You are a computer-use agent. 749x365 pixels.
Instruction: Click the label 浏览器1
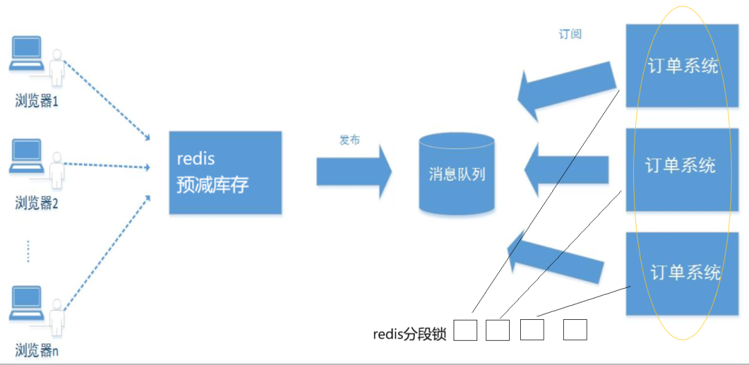click(x=37, y=101)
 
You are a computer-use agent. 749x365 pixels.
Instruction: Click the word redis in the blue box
click(x=196, y=159)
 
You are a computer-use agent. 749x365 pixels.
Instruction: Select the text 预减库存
click(x=212, y=185)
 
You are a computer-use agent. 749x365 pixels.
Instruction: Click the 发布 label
click(x=349, y=140)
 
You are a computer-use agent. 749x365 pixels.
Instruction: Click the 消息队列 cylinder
click(x=457, y=173)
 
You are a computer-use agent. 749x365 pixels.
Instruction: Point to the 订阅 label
click(x=570, y=34)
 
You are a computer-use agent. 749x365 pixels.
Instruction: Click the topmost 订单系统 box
click(x=682, y=66)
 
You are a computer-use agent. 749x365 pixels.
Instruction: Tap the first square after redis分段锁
click(x=465, y=330)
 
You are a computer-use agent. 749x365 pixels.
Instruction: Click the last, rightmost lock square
click(x=575, y=330)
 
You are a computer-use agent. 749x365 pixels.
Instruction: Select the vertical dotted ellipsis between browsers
click(x=28, y=251)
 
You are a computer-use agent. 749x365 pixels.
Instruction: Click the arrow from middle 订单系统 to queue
click(x=566, y=172)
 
